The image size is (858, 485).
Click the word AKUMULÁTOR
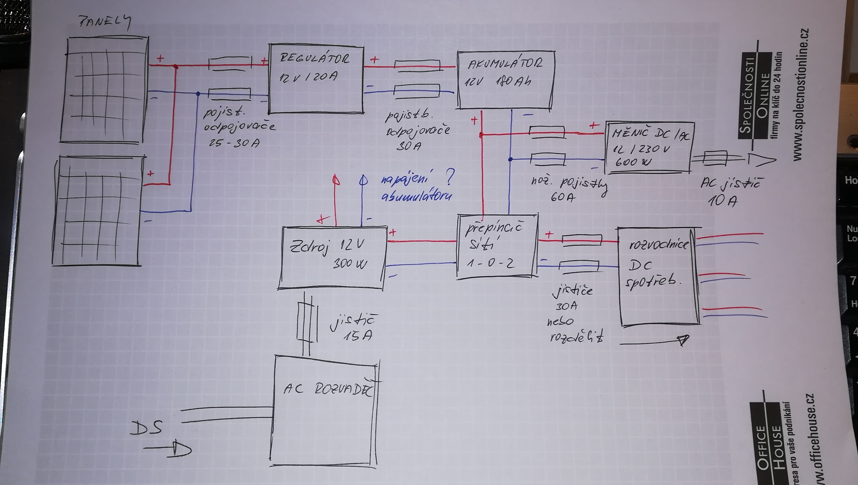[x=505, y=63]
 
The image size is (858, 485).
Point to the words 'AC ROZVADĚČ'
[x=328, y=389]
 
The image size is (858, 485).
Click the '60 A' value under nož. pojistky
[x=563, y=197]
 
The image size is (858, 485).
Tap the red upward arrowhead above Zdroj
[x=336, y=180]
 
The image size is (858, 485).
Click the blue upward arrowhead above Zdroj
[x=363, y=180]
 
